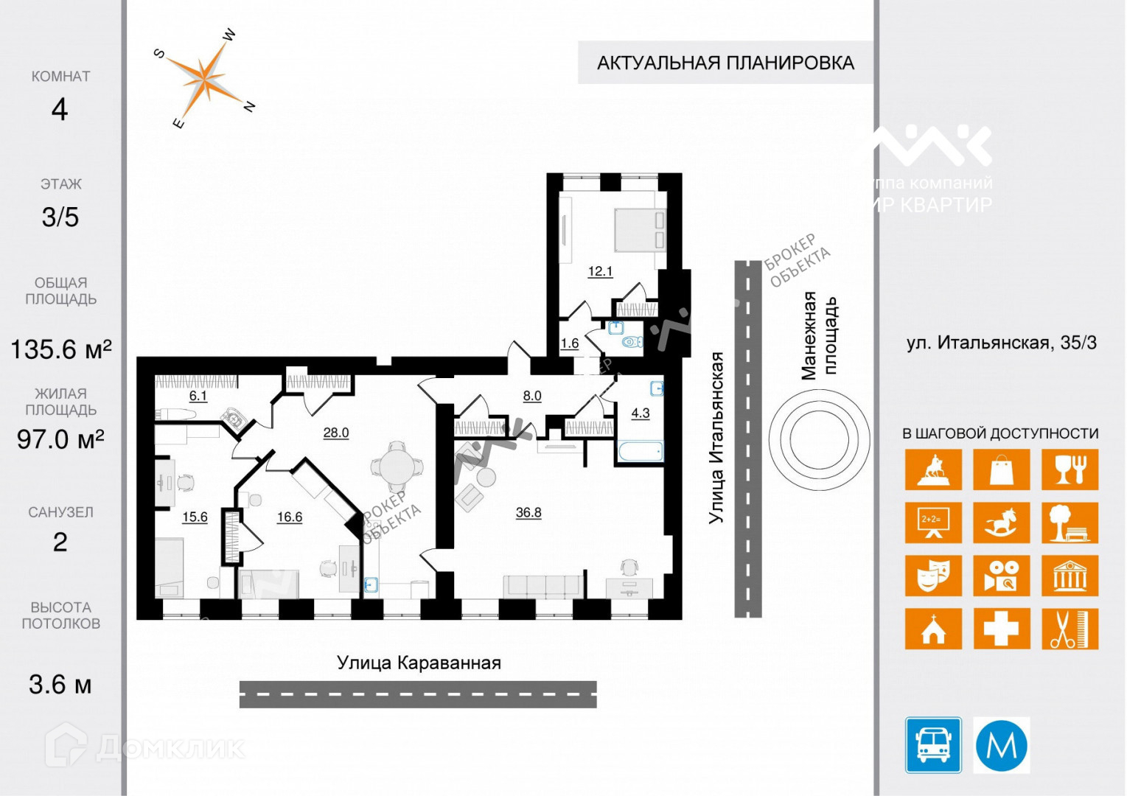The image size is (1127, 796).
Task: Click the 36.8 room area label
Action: tap(528, 512)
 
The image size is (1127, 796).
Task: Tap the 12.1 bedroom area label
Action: tap(600, 271)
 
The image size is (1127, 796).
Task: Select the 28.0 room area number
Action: tap(336, 433)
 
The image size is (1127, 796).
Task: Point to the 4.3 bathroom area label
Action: tap(641, 413)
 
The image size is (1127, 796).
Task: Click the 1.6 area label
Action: tap(570, 343)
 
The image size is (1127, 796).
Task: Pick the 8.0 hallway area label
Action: tap(532, 396)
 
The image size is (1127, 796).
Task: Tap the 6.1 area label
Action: tap(198, 396)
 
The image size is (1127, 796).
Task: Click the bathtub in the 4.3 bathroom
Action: tap(640, 451)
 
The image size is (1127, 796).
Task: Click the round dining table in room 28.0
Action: tap(397, 467)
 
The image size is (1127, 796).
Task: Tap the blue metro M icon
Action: tap(1002, 745)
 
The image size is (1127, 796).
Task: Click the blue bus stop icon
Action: tap(933, 745)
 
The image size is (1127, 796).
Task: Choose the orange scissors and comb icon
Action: tap(1070, 629)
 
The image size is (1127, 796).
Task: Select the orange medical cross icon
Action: tap(1002, 629)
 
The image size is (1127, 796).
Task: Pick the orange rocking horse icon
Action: tap(1002, 523)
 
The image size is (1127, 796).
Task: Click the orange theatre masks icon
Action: tap(933, 576)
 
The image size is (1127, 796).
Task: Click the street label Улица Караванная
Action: tap(419, 663)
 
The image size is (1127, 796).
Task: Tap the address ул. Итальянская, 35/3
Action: tap(1001, 343)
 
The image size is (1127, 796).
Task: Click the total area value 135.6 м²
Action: tap(60, 349)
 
